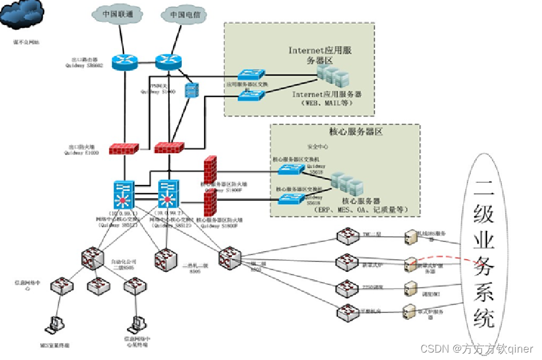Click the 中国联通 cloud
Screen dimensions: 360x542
point(118,13)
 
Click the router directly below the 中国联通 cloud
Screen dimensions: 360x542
point(124,62)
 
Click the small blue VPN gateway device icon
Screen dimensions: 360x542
point(191,90)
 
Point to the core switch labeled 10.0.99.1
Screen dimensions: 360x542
point(124,195)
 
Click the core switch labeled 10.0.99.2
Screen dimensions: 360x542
point(169,195)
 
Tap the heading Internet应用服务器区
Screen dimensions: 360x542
point(319,55)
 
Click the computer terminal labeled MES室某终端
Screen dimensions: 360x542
point(55,324)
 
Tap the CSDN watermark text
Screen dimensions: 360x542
point(477,349)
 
